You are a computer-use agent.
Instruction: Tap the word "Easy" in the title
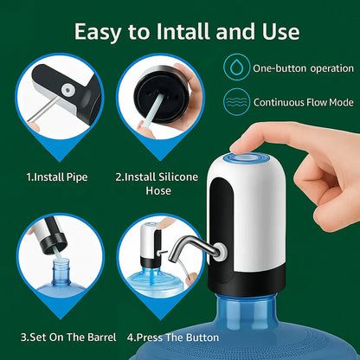pos(103,32)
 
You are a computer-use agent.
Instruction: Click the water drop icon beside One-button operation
pos(235,67)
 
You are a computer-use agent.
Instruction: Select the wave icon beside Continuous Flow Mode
pos(235,101)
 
